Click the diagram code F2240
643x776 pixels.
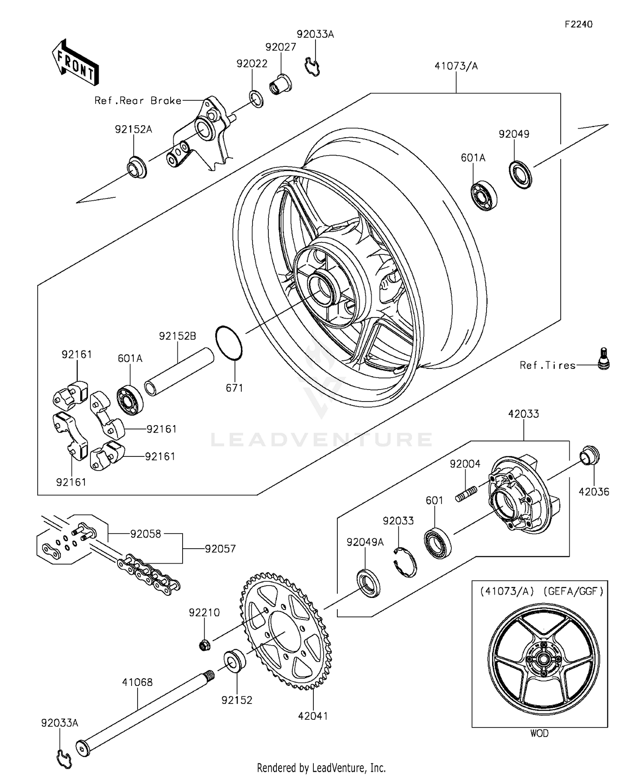coord(578,24)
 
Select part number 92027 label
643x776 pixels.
coord(281,47)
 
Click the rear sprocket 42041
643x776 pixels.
coord(285,631)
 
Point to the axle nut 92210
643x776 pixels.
coord(204,645)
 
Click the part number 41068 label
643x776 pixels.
coord(137,682)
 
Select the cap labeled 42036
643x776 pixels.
coord(590,455)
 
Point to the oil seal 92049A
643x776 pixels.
coord(369,583)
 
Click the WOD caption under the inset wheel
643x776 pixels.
coord(539,733)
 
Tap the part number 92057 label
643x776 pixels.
coord(220,549)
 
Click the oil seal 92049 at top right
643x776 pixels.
coord(520,174)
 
